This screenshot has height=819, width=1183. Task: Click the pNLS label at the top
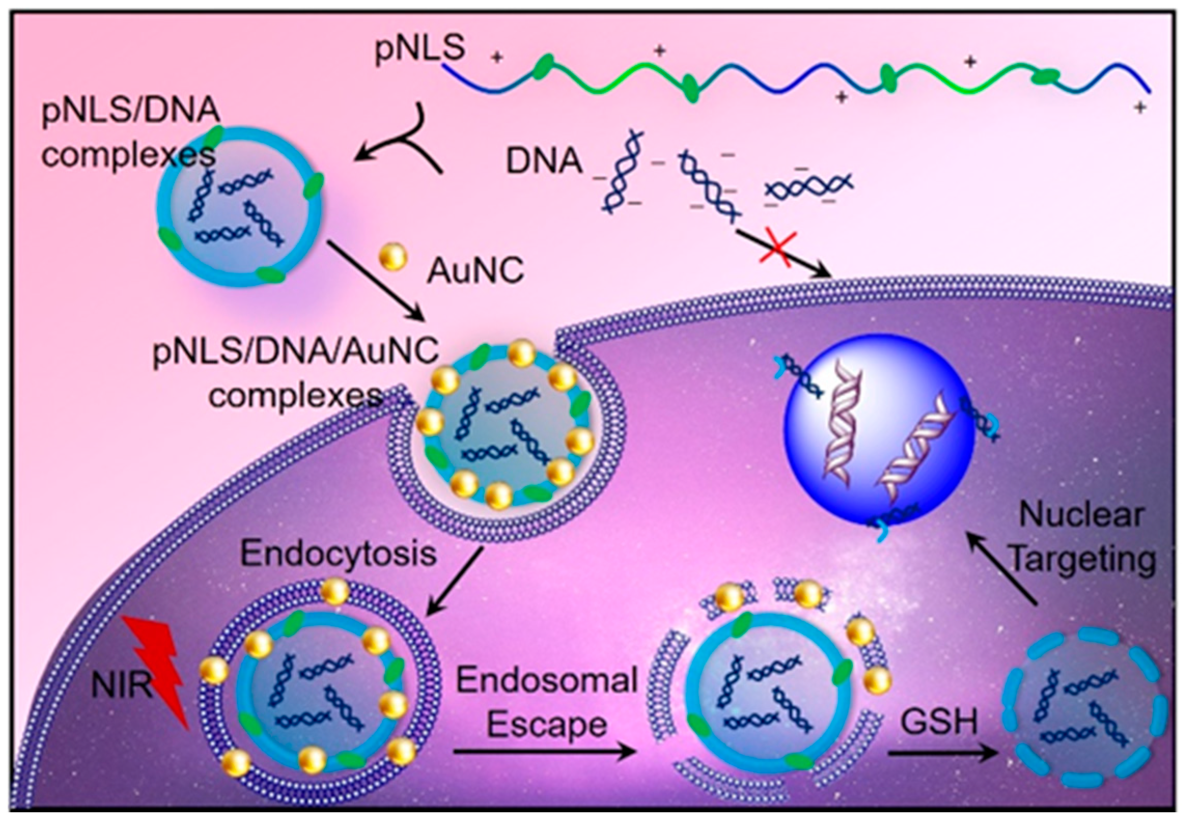(420, 50)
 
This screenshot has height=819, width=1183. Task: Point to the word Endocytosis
(339, 553)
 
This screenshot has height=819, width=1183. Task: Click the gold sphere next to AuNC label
(393, 258)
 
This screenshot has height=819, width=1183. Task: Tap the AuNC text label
(475, 271)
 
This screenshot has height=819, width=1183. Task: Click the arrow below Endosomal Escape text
(544, 752)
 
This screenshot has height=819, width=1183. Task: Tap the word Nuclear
(1081, 516)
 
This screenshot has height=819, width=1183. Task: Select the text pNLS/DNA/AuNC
(295, 352)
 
